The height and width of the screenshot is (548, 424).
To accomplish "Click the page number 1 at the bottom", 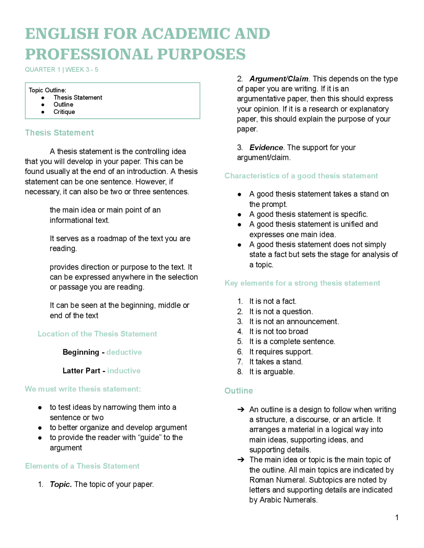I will point(397,518).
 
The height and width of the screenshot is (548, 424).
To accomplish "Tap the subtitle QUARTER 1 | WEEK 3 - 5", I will point(62,69).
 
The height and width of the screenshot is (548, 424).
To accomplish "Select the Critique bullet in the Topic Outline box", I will point(64,112).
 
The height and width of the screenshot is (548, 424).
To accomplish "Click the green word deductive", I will point(124,352).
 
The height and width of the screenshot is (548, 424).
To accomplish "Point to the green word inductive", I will point(124,371).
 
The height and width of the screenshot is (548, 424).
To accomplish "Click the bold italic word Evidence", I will point(266,148).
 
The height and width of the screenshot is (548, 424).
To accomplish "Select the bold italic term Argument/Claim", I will point(279,79).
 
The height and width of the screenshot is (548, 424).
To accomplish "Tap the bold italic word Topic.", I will point(61,484).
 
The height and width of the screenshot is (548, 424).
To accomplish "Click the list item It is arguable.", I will point(272,372).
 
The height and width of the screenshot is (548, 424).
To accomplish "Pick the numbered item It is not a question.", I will point(281,312).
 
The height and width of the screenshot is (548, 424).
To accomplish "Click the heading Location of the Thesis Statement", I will point(97,334).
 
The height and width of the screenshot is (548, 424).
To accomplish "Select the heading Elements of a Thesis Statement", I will point(82,466).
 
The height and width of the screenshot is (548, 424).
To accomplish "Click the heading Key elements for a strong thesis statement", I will point(302,283).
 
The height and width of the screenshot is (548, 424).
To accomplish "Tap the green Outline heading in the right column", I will point(238,391).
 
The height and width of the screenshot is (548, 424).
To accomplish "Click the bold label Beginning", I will point(81,352).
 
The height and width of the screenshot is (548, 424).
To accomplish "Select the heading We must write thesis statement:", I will point(83,389).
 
